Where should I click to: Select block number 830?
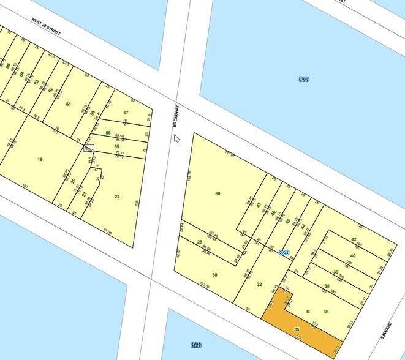(x=303, y=80)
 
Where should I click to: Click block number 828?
(x=195, y=345)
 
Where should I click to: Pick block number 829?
(x=284, y=252)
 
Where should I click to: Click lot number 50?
(x=218, y=193)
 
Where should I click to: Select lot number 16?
(x=40, y=159)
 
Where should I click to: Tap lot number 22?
(x=117, y=196)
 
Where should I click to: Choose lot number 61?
(x=69, y=104)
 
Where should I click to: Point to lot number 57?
(x=126, y=113)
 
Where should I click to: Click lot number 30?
(x=214, y=275)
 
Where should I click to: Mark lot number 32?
(x=259, y=284)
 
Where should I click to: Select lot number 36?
(x=326, y=312)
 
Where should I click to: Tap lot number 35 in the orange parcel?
(x=297, y=329)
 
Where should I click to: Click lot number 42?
(x=354, y=239)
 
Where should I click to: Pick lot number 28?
(x=199, y=242)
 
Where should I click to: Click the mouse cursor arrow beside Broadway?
(x=177, y=138)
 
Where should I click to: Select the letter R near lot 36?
(x=308, y=312)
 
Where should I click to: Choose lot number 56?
(x=108, y=133)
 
